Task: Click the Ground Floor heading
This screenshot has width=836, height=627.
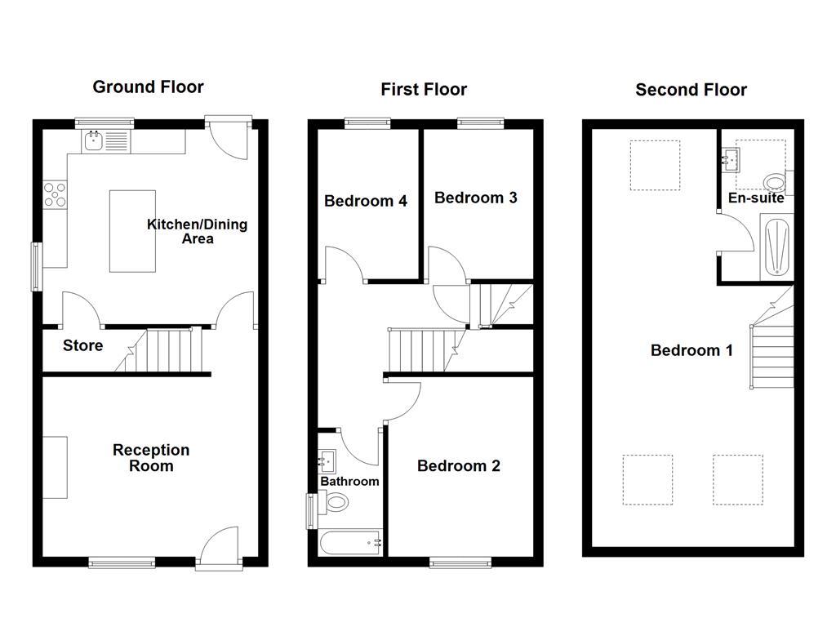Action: point(148,87)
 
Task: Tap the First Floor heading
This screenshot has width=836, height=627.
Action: point(424,89)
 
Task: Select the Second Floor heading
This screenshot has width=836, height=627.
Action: point(691,90)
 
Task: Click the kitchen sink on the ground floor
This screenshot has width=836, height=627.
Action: point(94,141)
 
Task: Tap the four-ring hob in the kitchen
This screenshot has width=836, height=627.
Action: point(55,193)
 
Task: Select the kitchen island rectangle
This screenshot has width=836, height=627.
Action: point(132,231)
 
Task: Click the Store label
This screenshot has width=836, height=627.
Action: point(83,345)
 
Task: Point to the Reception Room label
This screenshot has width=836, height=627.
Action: point(151,458)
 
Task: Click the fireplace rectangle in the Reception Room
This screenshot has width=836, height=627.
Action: point(55,467)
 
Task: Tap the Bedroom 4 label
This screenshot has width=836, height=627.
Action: point(366,201)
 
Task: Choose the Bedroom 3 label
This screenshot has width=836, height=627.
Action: point(476,198)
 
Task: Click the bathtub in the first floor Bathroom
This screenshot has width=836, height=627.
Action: point(350,542)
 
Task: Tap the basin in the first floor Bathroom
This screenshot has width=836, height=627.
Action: point(327,460)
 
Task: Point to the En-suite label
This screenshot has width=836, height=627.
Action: point(756,198)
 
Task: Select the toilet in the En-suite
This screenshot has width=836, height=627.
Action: point(772,181)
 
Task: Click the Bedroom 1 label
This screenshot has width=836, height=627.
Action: point(691,350)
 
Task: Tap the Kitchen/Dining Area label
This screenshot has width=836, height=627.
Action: point(197,231)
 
